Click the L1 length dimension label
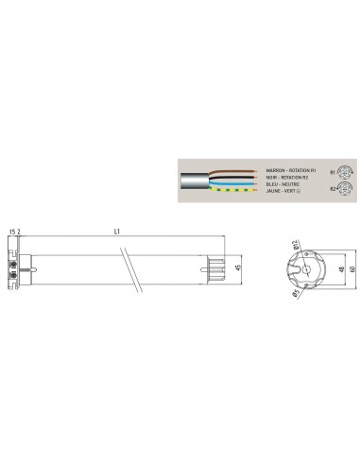click(x=115, y=232)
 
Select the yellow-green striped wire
click(x=227, y=190)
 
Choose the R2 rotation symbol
click(x=334, y=188)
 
